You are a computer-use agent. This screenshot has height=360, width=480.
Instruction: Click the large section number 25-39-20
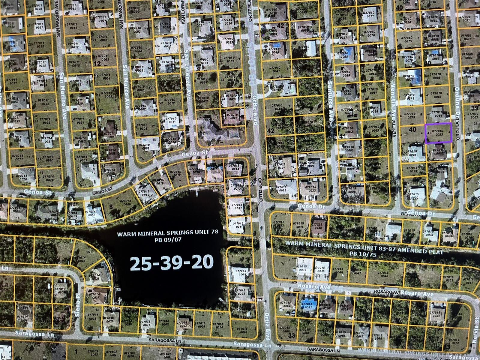coord(172,262)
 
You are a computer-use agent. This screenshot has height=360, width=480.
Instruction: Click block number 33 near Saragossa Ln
coord(292,335)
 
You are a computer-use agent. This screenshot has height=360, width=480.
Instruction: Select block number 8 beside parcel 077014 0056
coord(111,206)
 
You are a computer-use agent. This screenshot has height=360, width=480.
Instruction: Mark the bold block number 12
coord(97,64)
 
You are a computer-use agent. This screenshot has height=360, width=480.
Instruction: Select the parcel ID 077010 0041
coord(276,70)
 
